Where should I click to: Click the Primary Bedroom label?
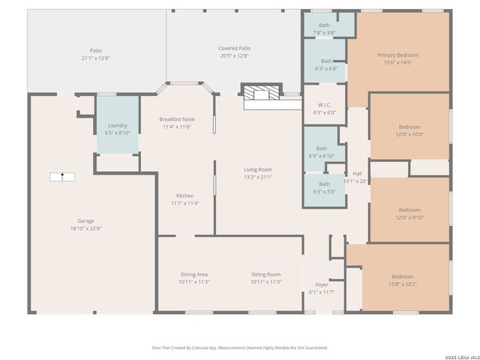[397, 55]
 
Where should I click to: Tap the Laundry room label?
[118, 125]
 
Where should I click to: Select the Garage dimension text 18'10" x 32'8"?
[85, 228]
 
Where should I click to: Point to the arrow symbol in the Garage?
[62, 177]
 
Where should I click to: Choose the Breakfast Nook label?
[177, 119]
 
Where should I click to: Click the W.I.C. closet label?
[324, 105]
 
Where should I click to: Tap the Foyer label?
[321, 284]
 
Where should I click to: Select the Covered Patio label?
[234, 48]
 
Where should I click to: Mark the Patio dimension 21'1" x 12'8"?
[96, 58]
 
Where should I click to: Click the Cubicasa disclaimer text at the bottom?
[239, 347]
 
